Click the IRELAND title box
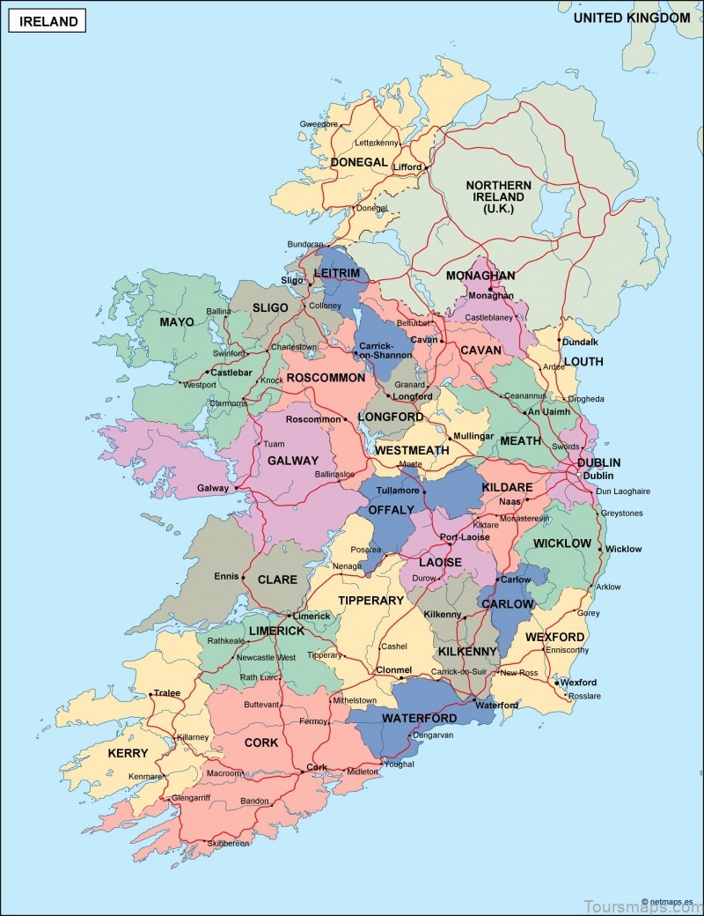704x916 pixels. [47, 20]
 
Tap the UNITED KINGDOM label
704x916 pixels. [631, 18]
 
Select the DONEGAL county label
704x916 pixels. [358, 162]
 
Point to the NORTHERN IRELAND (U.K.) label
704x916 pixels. [499, 197]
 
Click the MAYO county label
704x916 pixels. [176, 322]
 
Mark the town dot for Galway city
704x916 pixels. [236, 487]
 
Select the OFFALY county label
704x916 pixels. [390, 510]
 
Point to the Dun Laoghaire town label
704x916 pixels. [623, 491]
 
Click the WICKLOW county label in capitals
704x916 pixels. [562, 543]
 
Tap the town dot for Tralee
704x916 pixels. [151, 693]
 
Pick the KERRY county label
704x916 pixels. [128, 753]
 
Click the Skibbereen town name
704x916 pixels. [228, 843]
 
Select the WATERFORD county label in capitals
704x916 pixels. [419, 718]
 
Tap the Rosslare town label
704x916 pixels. [585, 696]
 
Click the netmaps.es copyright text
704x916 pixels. [668, 902]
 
